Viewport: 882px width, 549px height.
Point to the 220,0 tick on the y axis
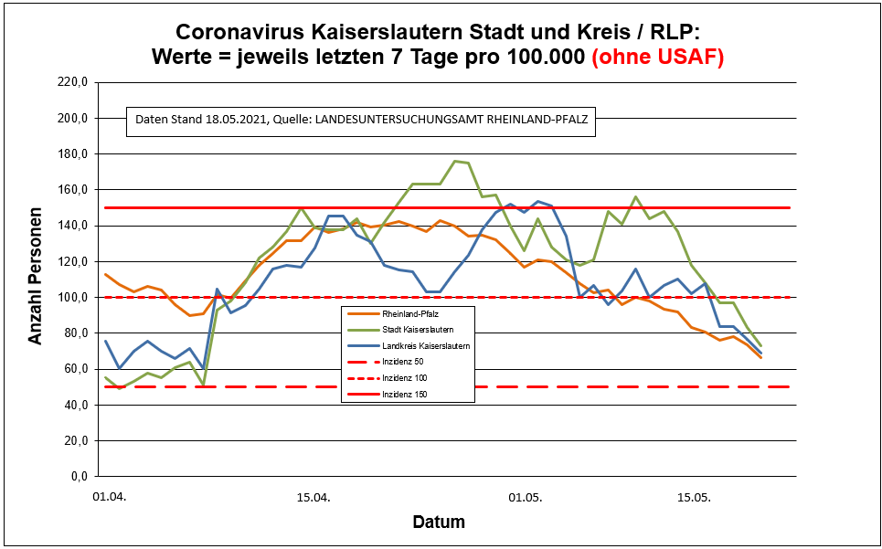pos(71,82)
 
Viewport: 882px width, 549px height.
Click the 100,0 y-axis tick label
pos(71,297)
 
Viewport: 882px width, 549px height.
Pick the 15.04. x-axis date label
pos(313,498)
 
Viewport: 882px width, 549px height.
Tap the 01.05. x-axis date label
pos(525,498)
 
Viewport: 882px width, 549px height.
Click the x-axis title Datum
pos(439,523)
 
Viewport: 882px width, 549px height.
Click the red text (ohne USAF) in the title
pos(658,57)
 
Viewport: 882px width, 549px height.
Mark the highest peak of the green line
pos(455,161)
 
